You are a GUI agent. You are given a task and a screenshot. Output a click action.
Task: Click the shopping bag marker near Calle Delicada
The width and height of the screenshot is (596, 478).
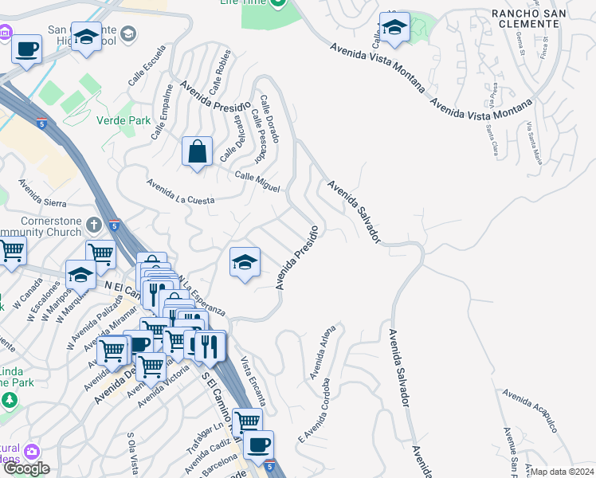pyautogui.click(x=197, y=151)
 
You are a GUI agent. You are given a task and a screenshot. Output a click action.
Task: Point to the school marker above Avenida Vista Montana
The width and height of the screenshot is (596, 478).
pyautogui.click(x=394, y=29)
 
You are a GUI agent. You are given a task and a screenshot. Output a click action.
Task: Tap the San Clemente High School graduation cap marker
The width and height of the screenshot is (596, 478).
pyautogui.click(x=86, y=35)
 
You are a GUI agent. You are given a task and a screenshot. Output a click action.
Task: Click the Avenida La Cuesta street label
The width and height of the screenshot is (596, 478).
pyautogui.click(x=180, y=192)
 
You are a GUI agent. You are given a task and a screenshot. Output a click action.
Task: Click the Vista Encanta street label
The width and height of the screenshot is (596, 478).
pyautogui.click(x=253, y=381)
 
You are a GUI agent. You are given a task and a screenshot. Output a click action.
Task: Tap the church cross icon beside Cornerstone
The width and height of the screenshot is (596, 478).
pyautogui.click(x=94, y=225)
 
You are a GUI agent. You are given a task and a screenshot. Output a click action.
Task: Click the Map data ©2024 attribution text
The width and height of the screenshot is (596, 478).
pyautogui.click(x=563, y=472)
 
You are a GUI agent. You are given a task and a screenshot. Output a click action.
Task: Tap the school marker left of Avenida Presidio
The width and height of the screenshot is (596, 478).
pyautogui.click(x=245, y=261)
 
